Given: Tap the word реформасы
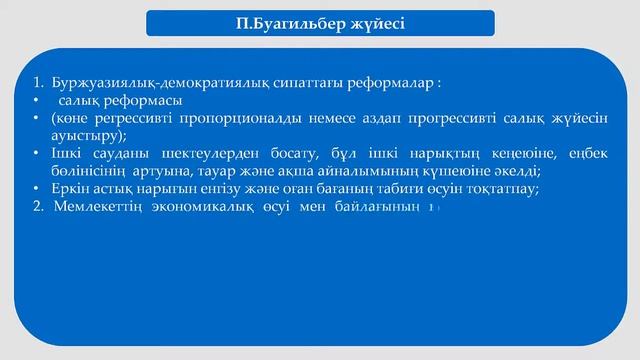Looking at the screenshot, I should [142, 102].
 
